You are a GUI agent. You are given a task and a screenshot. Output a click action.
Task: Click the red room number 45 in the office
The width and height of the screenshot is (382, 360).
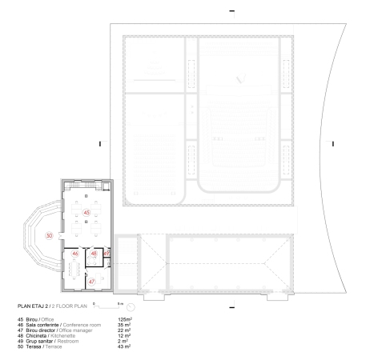point(86,213)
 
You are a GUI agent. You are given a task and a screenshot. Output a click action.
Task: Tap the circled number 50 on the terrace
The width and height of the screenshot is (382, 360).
point(48,237)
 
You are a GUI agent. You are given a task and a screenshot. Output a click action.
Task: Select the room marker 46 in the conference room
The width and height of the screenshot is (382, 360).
point(75,254)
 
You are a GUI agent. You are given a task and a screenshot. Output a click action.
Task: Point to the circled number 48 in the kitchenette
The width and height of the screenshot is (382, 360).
point(94,254)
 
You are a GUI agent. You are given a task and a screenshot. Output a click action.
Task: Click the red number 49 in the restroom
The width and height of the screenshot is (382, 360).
point(107,254)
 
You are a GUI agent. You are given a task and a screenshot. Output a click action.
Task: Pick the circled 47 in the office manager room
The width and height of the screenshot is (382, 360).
point(91,282)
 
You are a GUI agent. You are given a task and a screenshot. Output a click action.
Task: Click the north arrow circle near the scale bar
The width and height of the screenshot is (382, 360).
point(131,307)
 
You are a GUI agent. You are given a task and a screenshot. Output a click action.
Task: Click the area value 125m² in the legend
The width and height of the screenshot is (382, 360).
point(124,319)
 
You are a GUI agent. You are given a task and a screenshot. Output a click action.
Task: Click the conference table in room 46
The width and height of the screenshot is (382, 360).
point(76,266)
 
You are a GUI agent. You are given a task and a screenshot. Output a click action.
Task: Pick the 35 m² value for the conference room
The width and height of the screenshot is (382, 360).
point(124,325)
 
